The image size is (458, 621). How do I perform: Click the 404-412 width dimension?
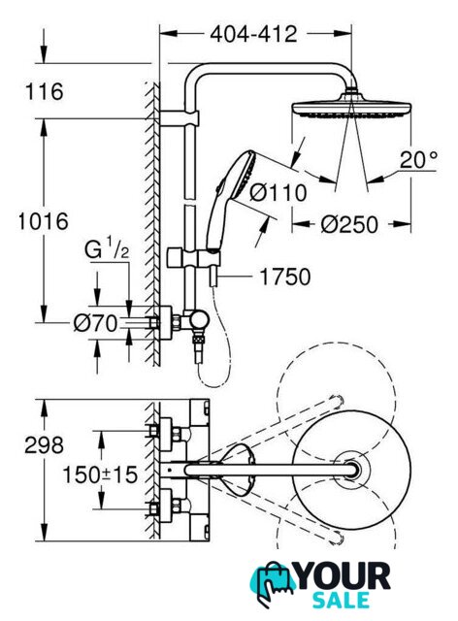pyautogui.click(x=253, y=34)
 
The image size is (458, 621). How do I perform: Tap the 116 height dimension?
pyautogui.click(x=45, y=91)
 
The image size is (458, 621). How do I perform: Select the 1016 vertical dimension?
pyautogui.click(x=44, y=221)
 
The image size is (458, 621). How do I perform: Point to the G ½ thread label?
pyautogui.click(x=107, y=250)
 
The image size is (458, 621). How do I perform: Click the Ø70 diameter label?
pyautogui.click(x=96, y=323)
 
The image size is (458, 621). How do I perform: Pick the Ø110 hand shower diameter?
pyautogui.click(x=278, y=193)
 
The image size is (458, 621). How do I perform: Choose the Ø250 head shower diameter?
pyautogui.click(x=349, y=225)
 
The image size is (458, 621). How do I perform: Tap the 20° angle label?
pyautogui.click(x=419, y=160)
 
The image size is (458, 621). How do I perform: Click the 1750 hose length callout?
pyautogui.click(x=285, y=277)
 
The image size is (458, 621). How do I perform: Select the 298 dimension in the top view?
pyautogui.click(x=44, y=445)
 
